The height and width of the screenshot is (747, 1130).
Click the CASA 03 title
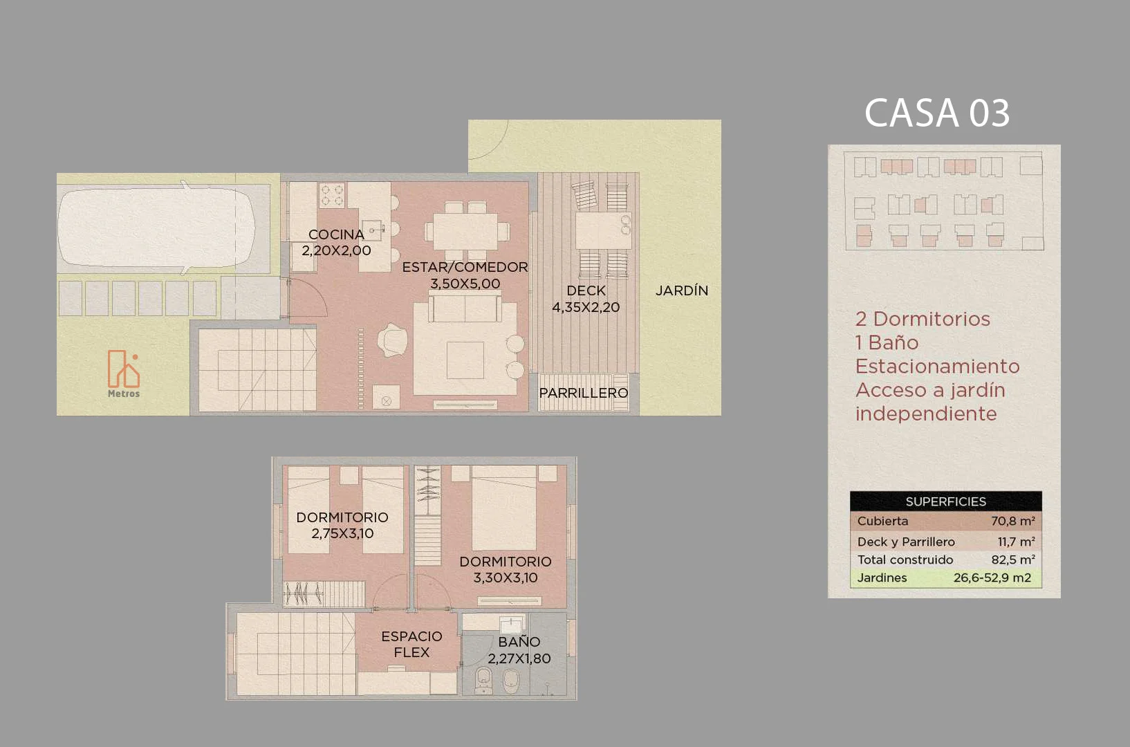(937, 113)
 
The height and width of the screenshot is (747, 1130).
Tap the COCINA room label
(336, 234)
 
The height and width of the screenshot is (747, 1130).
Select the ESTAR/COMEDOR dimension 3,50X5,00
(465, 284)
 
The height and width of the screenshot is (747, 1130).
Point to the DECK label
(586, 290)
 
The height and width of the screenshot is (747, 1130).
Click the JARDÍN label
(682, 290)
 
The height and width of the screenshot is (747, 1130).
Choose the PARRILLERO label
(584, 393)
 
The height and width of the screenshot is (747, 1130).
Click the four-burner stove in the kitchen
(333, 195)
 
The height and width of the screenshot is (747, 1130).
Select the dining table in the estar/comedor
(467, 232)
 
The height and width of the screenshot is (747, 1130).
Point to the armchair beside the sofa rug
(392, 340)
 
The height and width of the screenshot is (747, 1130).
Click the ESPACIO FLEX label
(411, 644)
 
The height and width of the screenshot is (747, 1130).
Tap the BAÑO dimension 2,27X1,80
(519, 658)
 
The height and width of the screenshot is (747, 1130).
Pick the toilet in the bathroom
(483, 680)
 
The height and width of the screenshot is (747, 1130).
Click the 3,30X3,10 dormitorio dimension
(506, 578)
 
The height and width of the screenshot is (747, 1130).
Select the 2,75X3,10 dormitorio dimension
(342, 533)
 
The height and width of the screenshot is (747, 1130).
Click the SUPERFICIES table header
(946, 501)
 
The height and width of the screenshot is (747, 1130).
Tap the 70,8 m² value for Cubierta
(1013, 521)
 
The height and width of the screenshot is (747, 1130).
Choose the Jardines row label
(882, 578)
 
